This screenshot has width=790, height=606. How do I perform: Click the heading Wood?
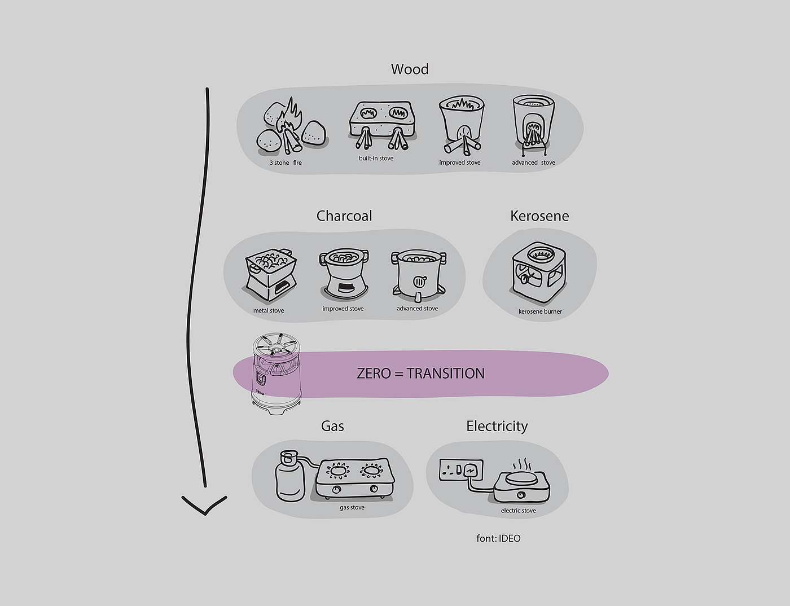tap(410, 69)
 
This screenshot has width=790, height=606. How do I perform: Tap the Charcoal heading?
tap(344, 216)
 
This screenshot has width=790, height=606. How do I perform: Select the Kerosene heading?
tap(539, 216)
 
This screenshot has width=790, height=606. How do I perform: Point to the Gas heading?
tap(332, 426)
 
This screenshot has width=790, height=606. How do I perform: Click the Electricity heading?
tap(497, 426)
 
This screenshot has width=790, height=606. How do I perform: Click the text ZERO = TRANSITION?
tap(420, 374)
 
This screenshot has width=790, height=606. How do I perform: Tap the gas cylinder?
tap(289, 476)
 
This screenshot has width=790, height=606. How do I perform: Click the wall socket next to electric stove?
tap(462, 471)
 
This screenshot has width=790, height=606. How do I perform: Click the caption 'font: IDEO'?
tap(498, 538)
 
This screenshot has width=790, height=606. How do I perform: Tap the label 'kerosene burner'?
tap(540, 311)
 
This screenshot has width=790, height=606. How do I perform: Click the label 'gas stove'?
tap(352, 507)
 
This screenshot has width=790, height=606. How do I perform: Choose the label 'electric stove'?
tap(518, 511)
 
